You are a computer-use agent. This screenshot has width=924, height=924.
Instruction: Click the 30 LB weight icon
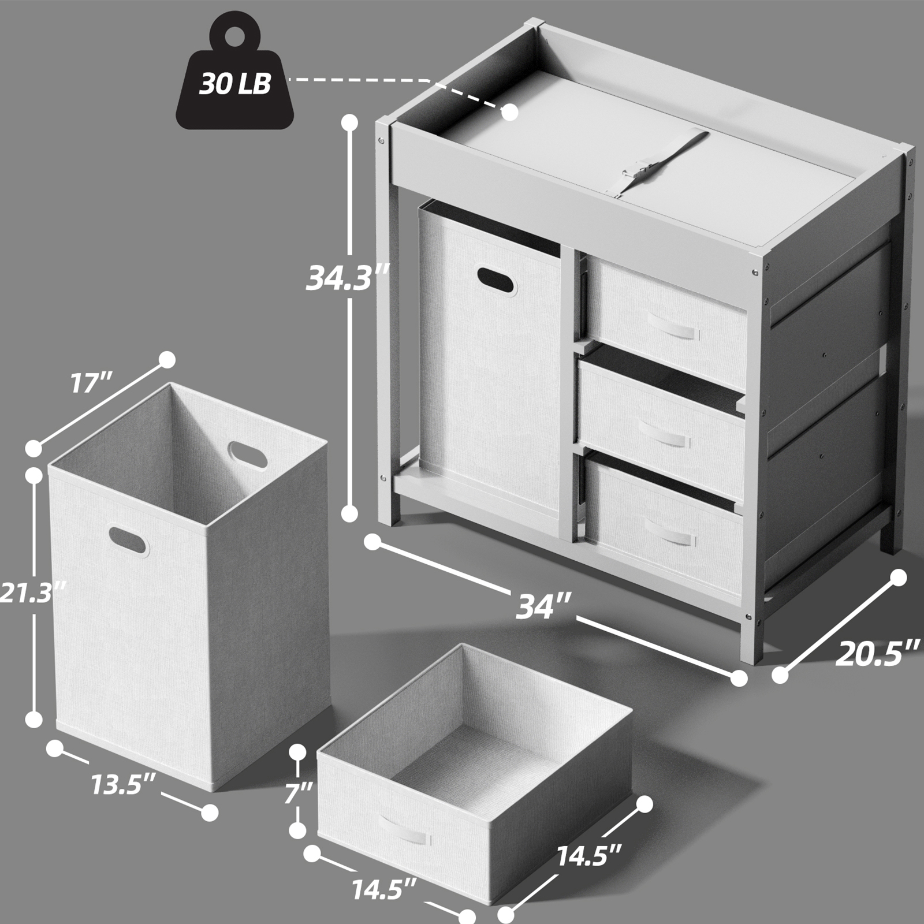[x=234, y=75]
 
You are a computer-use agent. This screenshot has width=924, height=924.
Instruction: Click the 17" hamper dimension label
[x=91, y=382]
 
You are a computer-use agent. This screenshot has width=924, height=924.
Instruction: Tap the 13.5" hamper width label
[x=123, y=785]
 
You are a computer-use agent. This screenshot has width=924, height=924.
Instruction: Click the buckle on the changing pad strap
[x=634, y=173]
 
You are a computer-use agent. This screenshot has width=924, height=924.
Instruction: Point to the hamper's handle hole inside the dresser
[x=497, y=282]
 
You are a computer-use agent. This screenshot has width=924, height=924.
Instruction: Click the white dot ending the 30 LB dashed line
[x=510, y=113]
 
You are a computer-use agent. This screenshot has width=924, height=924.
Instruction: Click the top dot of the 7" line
[x=298, y=752]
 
